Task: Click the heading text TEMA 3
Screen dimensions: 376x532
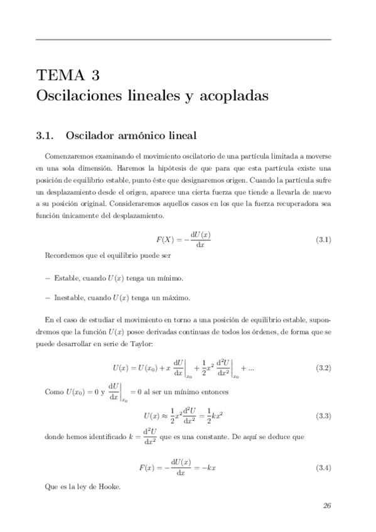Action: [x=68, y=77]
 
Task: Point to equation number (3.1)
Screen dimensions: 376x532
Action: [x=323, y=240]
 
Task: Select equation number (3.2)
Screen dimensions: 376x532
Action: [x=323, y=367]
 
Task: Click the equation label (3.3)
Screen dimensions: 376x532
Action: [x=323, y=416]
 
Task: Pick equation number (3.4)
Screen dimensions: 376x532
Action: [x=323, y=467]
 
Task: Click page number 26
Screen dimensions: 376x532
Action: [x=326, y=506]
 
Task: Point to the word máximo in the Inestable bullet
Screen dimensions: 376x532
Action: [x=175, y=297]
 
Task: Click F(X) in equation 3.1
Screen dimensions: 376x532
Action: [x=166, y=240]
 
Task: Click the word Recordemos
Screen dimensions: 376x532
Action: [x=65, y=257]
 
